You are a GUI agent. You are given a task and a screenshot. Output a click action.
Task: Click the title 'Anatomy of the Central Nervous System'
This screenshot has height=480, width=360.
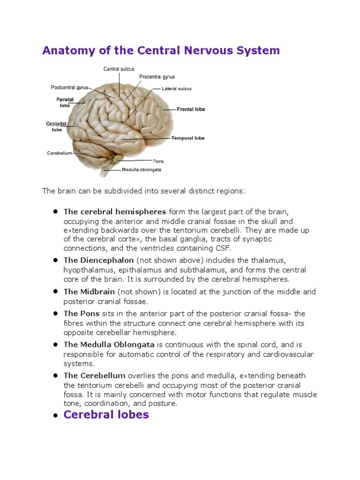tap(161, 51)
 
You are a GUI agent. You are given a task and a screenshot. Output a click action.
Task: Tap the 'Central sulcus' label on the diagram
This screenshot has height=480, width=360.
tap(119, 69)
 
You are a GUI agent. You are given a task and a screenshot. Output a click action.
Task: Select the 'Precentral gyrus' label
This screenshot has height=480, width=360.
tap(157, 77)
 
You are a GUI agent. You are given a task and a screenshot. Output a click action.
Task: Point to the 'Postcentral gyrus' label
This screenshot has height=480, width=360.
tap(69, 87)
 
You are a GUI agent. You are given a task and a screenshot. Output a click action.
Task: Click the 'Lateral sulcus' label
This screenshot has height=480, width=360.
tap(177, 89)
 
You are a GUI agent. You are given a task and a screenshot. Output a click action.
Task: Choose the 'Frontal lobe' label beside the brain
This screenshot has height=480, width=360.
tap(191, 109)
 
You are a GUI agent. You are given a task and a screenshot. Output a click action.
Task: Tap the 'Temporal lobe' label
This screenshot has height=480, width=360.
tap(188, 138)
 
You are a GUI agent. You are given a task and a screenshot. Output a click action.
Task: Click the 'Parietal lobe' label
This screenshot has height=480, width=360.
tap(65, 102)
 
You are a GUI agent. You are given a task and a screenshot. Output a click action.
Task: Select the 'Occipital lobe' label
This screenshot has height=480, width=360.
tap(56, 127)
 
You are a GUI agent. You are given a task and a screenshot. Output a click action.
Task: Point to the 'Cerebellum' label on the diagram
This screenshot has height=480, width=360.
tap(60, 153)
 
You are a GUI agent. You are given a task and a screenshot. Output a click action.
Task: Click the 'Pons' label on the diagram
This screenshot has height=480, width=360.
tap(158, 161)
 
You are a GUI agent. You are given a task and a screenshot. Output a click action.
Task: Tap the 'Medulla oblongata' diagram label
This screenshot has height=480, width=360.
tap(142, 170)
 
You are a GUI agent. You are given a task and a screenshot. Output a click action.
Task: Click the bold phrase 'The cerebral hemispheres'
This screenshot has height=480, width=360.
tap(115, 211)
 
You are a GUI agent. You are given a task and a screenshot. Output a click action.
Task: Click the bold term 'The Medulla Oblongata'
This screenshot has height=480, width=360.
tap(109, 345)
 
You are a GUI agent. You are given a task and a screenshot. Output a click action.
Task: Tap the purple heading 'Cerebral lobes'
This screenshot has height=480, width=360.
tap(106, 415)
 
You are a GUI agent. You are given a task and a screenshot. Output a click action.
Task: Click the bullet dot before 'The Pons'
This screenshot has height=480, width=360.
tap(55, 313)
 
